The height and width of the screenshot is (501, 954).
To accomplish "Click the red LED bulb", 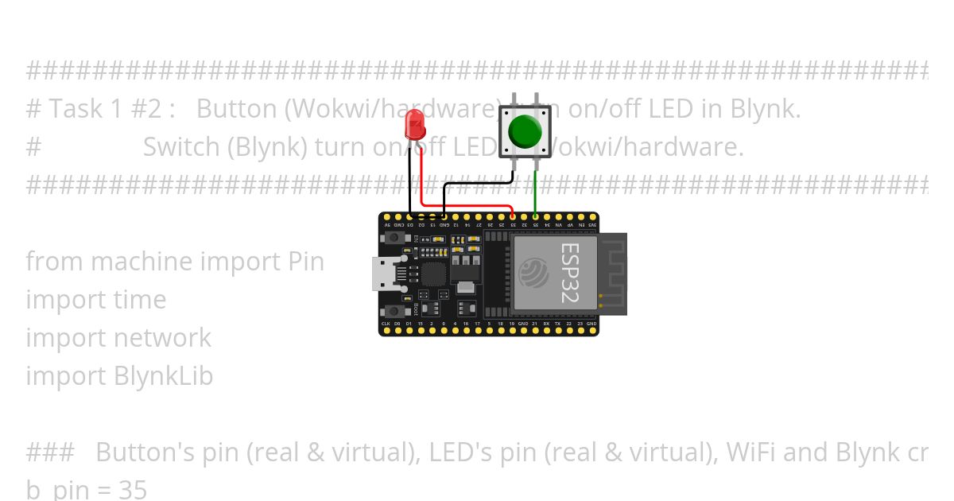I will (414, 124).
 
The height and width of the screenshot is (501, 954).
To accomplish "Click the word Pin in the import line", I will (304, 261).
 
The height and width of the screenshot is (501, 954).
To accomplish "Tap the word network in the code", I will (164, 337).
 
